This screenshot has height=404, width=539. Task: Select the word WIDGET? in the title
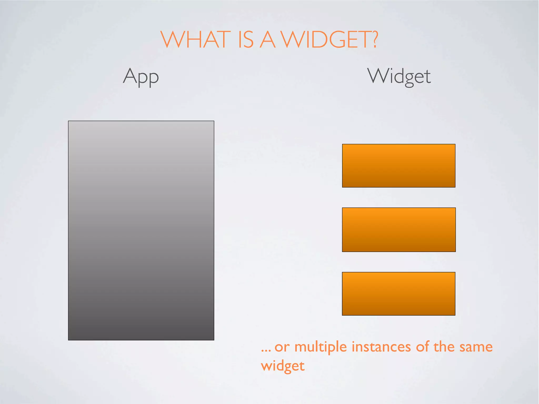[329, 40]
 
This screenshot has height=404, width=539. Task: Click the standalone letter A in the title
[268, 40]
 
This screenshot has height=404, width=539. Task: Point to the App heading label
[141, 76]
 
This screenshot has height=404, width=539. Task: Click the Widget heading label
[399, 76]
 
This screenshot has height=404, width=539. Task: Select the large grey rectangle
[141, 230]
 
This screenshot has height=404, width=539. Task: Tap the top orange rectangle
[398, 165]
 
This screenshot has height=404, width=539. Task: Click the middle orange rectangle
[398, 230]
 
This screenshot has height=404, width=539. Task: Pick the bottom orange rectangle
[398, 294]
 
